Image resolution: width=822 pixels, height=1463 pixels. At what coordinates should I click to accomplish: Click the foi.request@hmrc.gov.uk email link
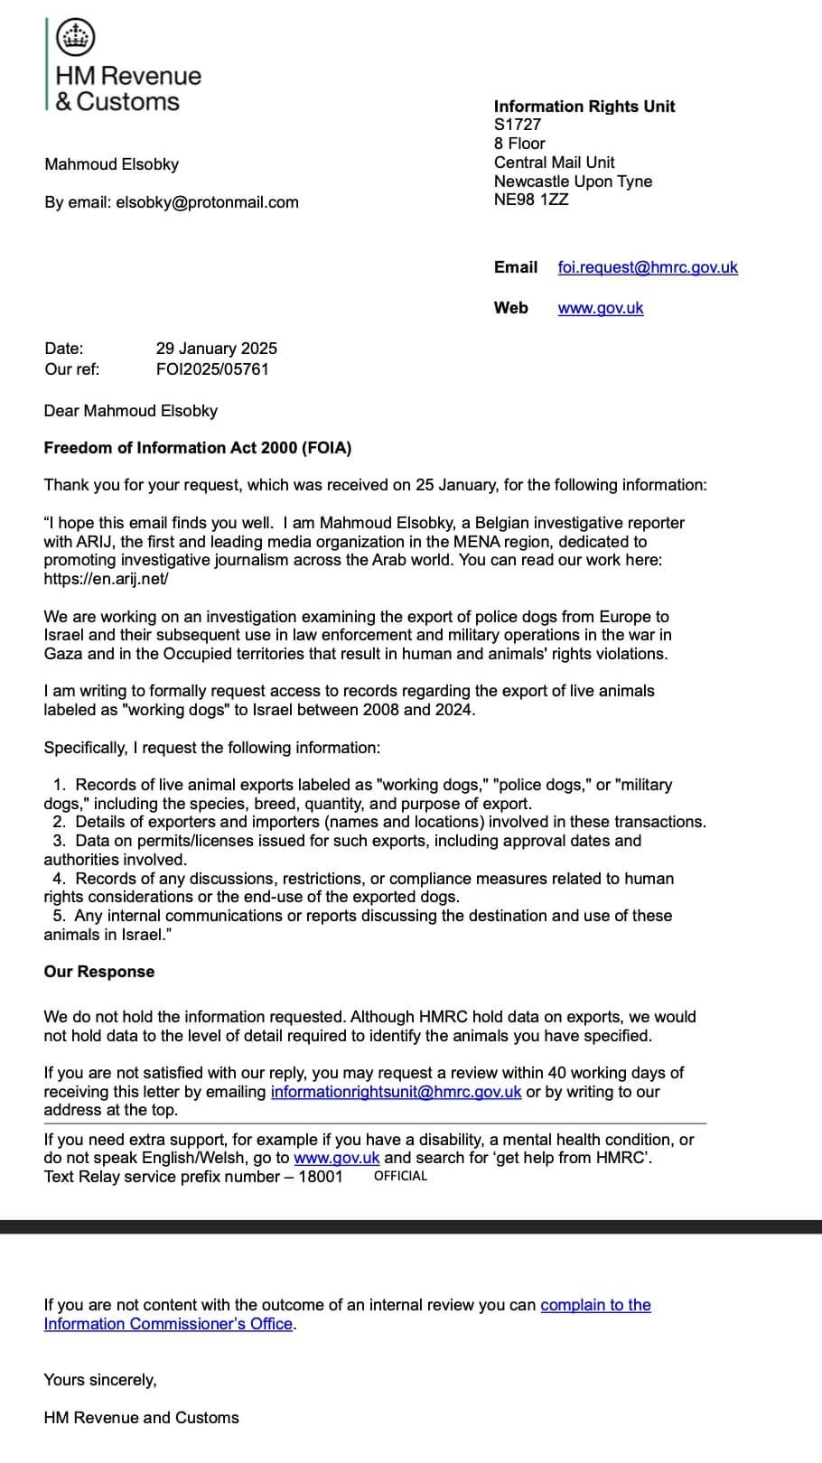click(x=648, y=267)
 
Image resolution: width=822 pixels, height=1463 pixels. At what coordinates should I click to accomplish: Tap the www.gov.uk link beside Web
click(x=601, y=308)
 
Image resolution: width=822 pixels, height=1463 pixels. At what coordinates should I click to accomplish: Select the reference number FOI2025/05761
click(x=212, y=369)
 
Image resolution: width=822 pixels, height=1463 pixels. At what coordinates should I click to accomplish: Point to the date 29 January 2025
click(x=217, y=349)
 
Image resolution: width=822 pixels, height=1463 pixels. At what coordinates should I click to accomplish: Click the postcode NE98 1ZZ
click(x=531, y=200)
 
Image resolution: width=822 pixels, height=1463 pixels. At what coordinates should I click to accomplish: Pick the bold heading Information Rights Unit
click(x=584, y=107)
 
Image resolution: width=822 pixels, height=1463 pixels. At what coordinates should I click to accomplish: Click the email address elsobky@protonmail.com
click(x=207, y=202)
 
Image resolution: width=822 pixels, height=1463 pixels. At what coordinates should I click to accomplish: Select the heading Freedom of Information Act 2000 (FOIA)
click(x=198, y=448)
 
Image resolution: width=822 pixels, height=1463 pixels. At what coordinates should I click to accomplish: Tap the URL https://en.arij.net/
click(x=106, y=579)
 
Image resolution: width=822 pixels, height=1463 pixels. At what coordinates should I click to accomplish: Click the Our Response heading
click(x=99, y=972)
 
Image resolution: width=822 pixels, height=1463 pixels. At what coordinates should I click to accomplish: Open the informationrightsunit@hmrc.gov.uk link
click(x=396, y=1092)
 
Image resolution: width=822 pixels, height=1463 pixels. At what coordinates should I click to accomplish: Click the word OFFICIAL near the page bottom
click(x=400, y=1176)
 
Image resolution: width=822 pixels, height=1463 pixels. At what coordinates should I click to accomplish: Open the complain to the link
click(x=595, y=1305)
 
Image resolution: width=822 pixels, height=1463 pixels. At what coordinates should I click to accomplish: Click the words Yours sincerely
click(x=100, y=1380)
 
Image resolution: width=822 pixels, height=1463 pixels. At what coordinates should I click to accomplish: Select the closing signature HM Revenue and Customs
click(x=142, y=1418)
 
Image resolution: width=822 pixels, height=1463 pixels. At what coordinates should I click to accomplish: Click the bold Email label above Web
click(x=516, y=267)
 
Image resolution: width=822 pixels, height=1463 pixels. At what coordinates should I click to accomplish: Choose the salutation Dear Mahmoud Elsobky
click(x=131, y=411)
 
